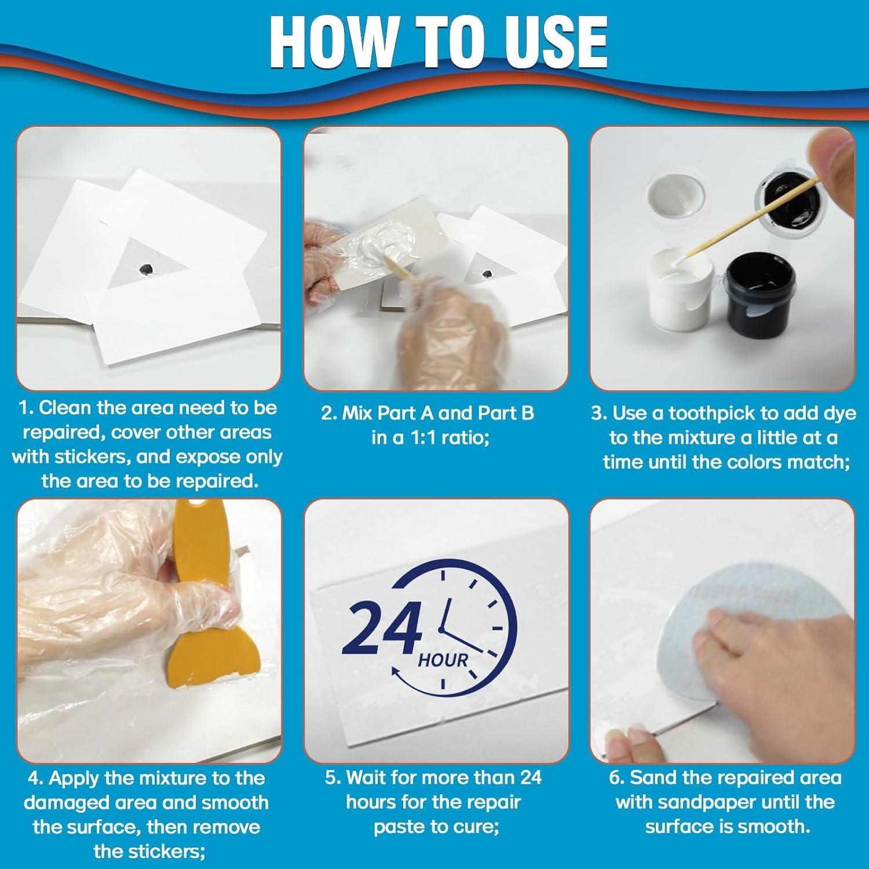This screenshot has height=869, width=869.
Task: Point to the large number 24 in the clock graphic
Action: click(x=381, y=626)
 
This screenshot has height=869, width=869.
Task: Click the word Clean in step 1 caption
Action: click(x=65, y=408)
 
